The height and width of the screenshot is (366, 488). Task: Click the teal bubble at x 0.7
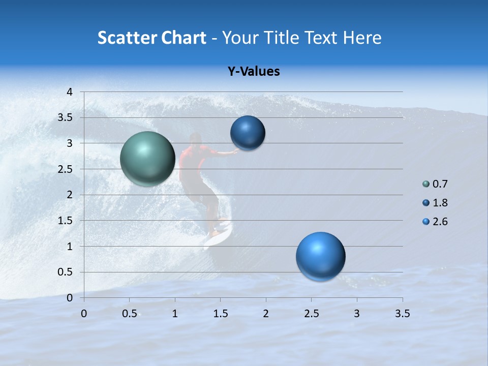click(147, 159)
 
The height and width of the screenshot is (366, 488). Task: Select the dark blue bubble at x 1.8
click(248, 133)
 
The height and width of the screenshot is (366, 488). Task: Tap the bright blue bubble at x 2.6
click(320, 256)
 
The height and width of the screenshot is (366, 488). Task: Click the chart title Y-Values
click(254, 72)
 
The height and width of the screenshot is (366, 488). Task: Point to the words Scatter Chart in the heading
click(151, 38)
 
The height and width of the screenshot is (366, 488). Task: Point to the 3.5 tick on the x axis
click(403, 314)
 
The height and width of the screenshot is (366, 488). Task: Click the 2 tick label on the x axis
click(266, 314)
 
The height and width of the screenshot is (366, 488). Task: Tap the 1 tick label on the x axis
click(175, 314)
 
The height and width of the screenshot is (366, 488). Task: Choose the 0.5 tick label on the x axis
click(130, 314)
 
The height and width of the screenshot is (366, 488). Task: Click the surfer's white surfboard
click(218, 235)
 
